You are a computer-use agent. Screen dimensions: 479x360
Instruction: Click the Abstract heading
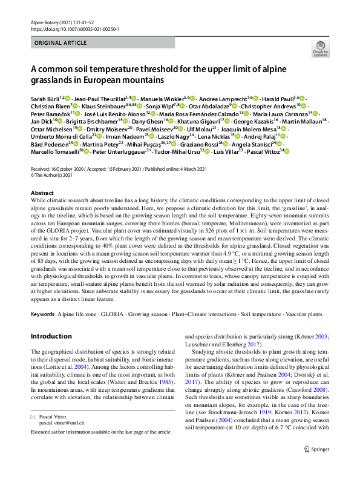pyautogui.click(x=42, y=192)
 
